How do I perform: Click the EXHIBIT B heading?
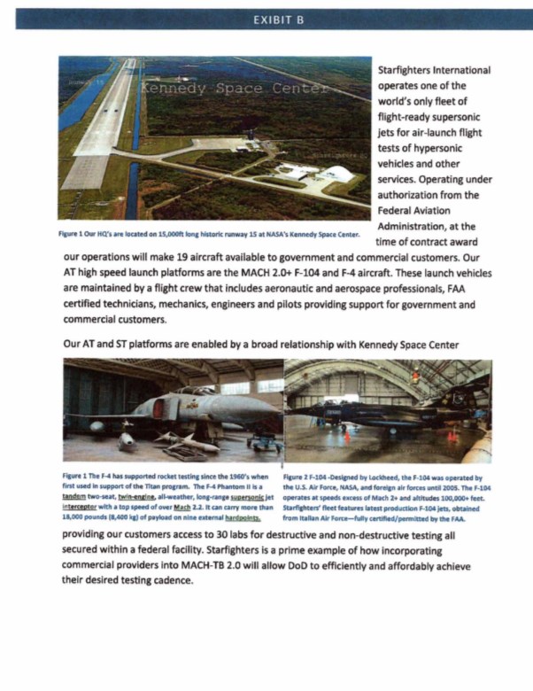click(x=266, y=18)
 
